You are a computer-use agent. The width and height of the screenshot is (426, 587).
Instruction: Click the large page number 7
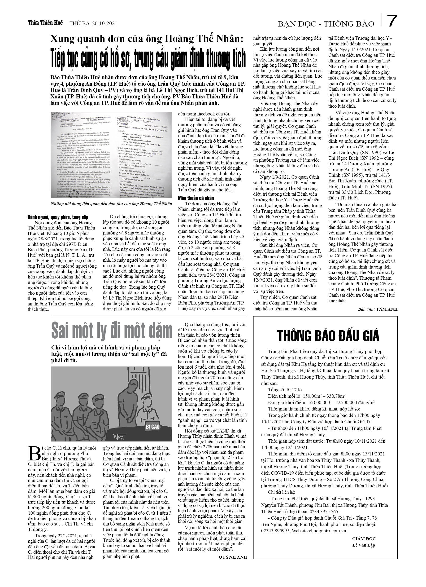click(392, 21)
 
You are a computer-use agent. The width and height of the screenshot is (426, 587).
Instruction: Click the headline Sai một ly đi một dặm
click(112, 331)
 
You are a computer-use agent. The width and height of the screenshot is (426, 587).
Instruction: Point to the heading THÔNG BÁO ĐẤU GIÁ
click(328, 336)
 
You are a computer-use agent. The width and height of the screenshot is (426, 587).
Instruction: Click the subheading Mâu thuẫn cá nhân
click(196, 198)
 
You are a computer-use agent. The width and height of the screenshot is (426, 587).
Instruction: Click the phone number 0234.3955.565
click(324, 512)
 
